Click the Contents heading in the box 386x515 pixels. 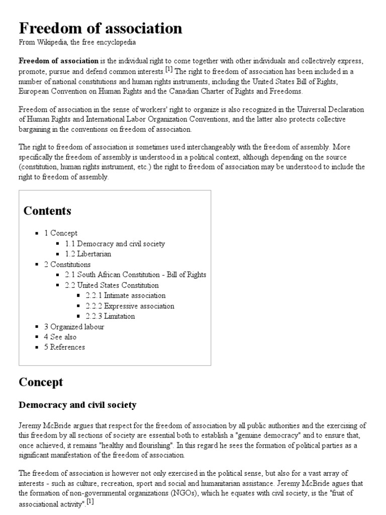[47, 211]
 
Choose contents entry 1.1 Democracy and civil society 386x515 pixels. [115, 243]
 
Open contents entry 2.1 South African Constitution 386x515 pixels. [135, 275]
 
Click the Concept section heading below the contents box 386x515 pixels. [41, 382]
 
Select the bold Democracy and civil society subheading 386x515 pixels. [77, 405]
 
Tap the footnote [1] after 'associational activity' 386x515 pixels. [90, 501]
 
